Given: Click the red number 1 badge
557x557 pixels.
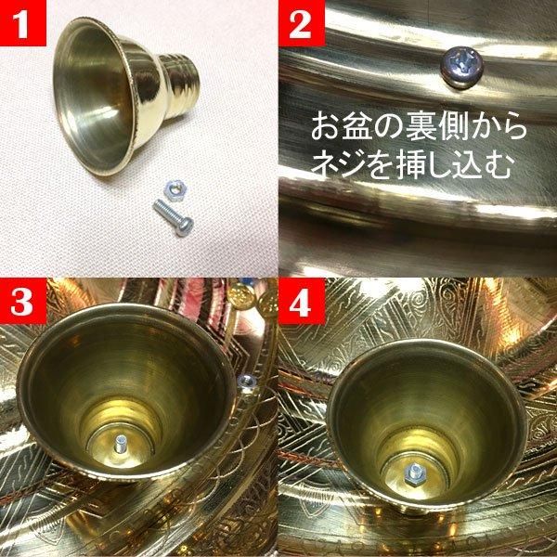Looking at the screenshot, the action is (23, 23).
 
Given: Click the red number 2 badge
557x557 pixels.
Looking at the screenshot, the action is (302, 23).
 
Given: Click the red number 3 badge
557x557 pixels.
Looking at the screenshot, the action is (23, 301).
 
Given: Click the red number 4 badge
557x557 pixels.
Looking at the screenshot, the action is (302, 302).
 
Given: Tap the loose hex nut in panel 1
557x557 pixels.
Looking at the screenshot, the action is (175, 190).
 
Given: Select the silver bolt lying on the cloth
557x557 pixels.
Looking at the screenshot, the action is (174, 218).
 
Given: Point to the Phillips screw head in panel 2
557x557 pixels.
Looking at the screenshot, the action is (462, 68).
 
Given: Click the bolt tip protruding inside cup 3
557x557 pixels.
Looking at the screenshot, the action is (120, 444).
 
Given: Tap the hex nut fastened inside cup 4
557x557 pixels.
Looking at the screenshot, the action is (415, 473).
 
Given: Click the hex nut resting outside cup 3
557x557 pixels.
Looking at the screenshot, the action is (247, 382).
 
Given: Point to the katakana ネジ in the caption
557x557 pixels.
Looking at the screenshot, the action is (340, 164).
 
